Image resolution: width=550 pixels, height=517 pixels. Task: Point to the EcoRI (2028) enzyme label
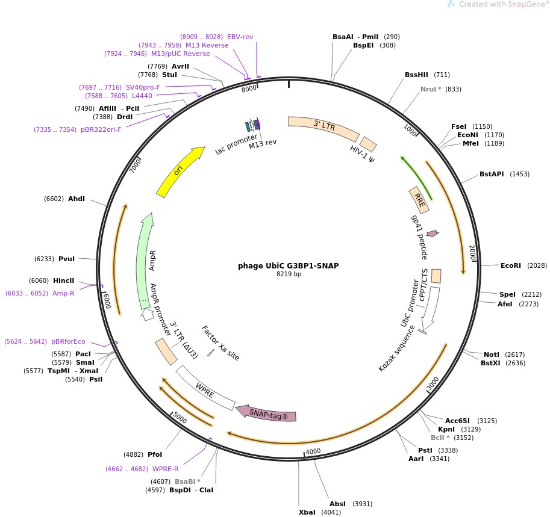510,265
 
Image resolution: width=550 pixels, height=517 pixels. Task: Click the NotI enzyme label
492,354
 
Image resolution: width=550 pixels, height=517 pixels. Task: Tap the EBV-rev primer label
240,37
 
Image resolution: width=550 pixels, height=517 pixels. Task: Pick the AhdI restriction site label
77,199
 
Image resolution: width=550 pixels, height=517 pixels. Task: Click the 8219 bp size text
289,274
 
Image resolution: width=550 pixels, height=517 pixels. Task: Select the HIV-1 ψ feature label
363,156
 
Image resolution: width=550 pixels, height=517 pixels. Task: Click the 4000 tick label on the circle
313,451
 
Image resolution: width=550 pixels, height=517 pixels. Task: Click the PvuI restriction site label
66,259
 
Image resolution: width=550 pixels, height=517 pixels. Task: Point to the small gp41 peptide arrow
432,233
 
